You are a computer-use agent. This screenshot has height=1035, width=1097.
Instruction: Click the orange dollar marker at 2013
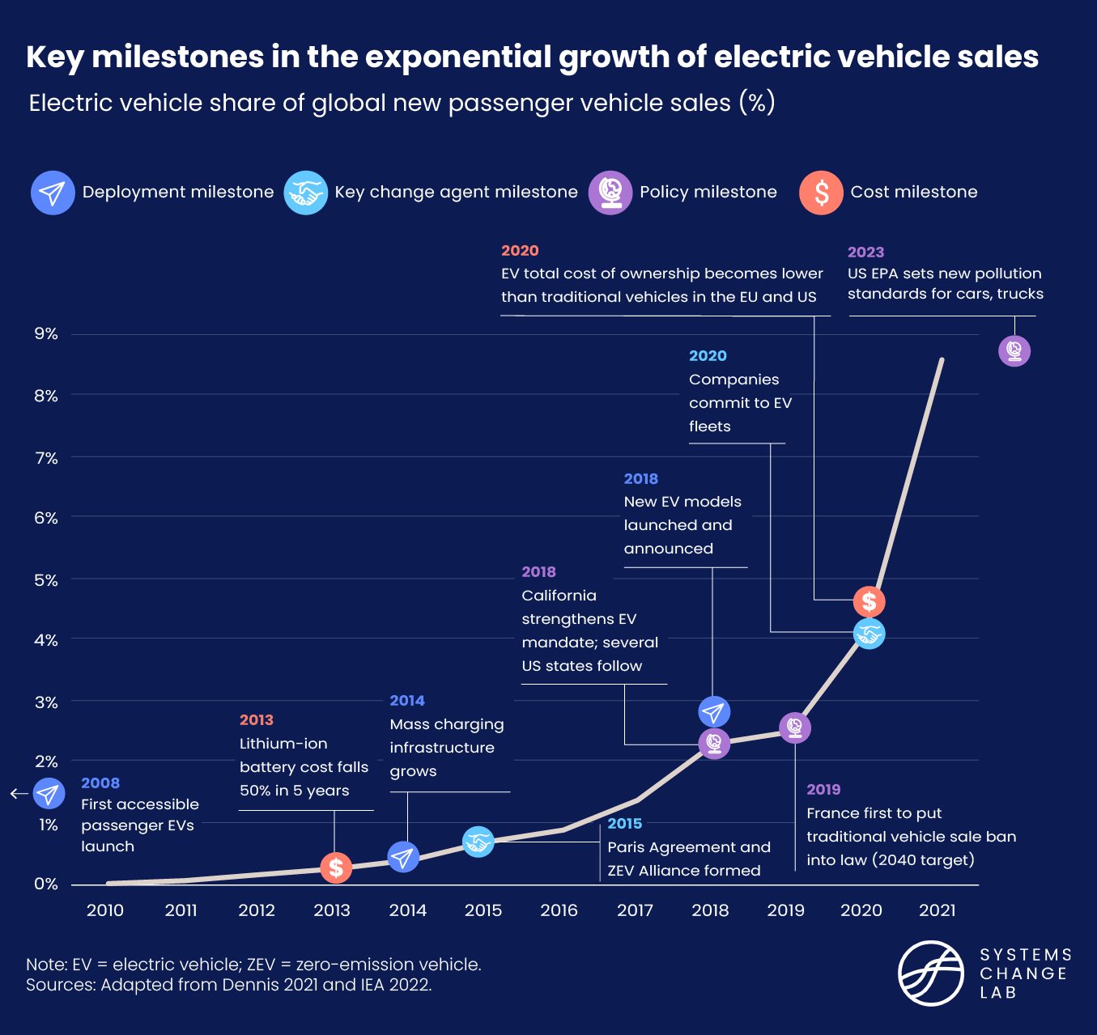tap(335, 867)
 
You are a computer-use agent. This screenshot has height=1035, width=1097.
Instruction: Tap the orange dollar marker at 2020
tap(869, 602)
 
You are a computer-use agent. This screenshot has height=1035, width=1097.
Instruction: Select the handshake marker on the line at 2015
tap(478, 842)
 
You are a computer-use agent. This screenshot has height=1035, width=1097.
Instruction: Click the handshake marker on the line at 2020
tap(869, 634)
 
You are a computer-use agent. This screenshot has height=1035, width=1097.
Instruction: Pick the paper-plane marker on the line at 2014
tap(403, 856)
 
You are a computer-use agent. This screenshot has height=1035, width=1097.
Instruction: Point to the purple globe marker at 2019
tap(795, 727)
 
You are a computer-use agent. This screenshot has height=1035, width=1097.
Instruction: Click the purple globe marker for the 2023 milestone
tap(1014, 351)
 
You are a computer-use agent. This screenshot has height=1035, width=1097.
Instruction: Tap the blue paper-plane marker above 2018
tap(713, 712)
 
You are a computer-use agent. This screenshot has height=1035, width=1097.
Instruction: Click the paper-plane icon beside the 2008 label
tap(49, 794)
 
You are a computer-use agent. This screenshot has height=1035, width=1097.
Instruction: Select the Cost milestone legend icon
tap(821, 193)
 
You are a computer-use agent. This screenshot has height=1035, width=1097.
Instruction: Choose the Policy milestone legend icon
tap(610, 193)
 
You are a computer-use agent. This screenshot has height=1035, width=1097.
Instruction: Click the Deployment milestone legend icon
tap(53, 193)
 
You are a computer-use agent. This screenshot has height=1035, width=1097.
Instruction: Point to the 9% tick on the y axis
tap(46, 333)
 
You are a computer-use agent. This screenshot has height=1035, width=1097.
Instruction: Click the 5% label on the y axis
tap(46, 579)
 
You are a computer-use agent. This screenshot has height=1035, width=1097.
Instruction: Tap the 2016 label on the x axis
tap(559, 910)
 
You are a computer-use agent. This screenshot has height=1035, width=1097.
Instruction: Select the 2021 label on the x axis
tap(937, 910)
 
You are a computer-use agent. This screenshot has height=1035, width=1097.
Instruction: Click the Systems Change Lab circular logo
tap(931, 973)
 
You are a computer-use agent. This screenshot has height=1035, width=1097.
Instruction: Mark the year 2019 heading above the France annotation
tap(823, 790)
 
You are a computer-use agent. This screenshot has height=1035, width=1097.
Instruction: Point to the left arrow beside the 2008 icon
tap(19, 794)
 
